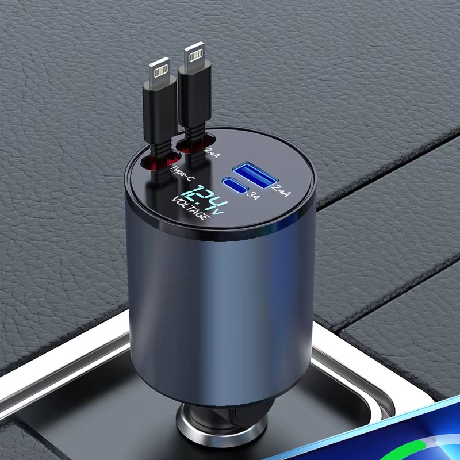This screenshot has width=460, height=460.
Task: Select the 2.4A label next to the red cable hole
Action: [x=210, y=152]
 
